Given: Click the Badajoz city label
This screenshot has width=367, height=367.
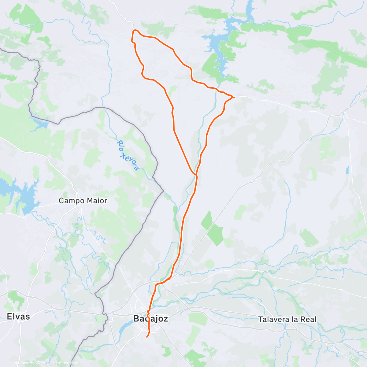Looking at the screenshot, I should pos(150,319).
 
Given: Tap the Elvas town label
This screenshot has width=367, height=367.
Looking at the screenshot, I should pos(18,316).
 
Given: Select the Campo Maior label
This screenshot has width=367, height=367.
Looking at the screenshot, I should pos(83,201).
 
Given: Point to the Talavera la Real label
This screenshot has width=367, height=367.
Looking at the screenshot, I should pos(287,319).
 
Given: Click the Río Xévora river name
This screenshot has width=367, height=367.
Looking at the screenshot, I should pos(128,155).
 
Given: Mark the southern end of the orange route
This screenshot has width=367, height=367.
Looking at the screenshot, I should pos(147,337).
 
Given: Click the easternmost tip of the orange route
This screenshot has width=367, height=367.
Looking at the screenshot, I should pos(234,97).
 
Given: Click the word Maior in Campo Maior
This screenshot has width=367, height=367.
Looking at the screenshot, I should pos(96,201).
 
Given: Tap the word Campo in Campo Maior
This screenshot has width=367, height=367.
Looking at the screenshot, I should pos(70,201).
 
